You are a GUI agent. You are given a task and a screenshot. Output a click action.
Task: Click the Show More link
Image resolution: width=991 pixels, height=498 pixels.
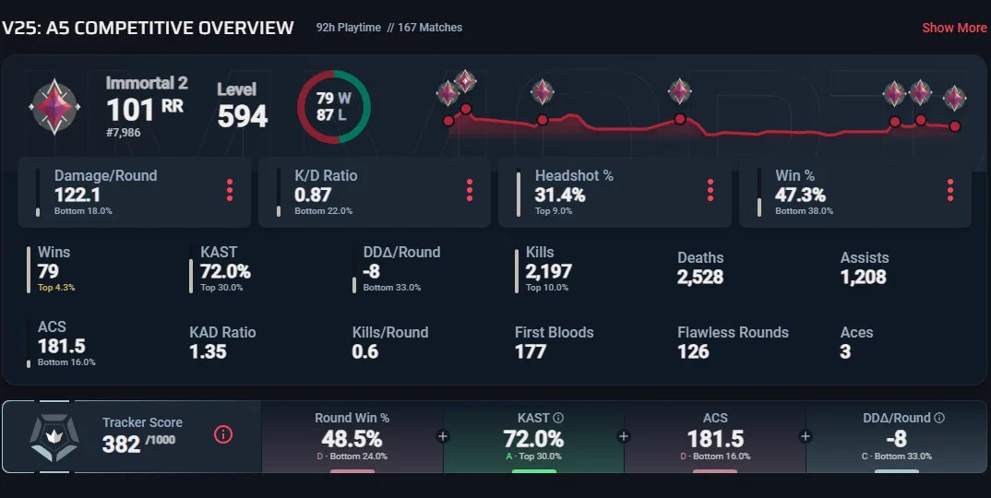pos(954,28)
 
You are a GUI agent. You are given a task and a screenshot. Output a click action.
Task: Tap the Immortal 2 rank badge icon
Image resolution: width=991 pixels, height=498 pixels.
pos(54,107)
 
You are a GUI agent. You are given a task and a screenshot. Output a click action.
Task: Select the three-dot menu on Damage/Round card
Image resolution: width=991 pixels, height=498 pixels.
pos(230,190)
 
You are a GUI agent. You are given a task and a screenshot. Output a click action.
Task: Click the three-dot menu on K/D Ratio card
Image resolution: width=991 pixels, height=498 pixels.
pos(470,190)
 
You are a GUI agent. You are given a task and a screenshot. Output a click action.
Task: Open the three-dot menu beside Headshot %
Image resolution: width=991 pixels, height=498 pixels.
pos(710,190)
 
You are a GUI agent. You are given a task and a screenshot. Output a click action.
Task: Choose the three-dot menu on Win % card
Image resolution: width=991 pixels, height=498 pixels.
pos(949,190)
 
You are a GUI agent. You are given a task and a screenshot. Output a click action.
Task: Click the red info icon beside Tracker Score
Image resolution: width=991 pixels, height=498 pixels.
pos(223,434)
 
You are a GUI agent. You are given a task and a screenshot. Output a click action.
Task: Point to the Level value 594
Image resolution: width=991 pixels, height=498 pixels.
pos(243,116)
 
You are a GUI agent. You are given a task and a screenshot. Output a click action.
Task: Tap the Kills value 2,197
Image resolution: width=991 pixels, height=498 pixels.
pos(549,271)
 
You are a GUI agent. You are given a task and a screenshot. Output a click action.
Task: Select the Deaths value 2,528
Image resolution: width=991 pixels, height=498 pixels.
pos(700,277)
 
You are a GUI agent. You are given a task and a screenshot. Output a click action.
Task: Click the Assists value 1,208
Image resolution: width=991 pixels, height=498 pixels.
pos(864,277)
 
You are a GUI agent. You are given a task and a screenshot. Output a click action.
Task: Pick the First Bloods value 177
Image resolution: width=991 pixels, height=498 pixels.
pos(531,351)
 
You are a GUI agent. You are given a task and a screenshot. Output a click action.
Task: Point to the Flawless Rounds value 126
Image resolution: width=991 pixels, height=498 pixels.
pos(693,351)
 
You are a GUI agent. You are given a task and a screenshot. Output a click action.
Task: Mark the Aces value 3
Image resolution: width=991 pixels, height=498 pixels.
pos(845,351)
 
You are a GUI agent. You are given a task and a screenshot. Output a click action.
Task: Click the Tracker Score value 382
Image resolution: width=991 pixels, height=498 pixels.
pos(122,445)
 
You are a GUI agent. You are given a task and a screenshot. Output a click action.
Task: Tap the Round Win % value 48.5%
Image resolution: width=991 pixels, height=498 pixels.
pos(352,438)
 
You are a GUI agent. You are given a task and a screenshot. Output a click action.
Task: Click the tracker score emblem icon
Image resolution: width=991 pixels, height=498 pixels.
pos(54,437)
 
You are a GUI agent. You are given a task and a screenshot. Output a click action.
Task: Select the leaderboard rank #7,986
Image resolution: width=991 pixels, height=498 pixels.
pos(124,133)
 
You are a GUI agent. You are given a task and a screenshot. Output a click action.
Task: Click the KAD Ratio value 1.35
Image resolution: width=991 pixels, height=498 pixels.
pos(208,351)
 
